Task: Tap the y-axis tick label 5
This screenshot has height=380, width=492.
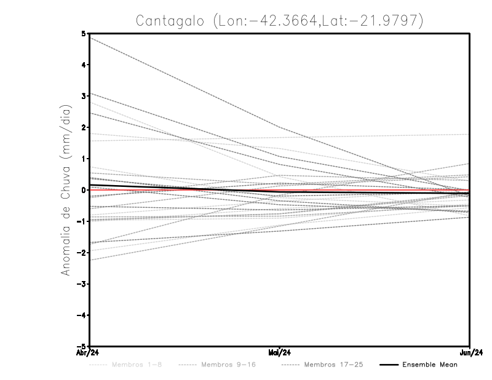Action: (83, 34)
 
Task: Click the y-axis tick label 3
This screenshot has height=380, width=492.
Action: (83, 96)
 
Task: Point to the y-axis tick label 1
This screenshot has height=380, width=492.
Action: (83, 159)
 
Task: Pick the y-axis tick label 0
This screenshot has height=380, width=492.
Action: (83, 190)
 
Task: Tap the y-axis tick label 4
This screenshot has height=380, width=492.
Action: (83, 65)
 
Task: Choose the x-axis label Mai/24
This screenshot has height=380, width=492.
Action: (280, 352)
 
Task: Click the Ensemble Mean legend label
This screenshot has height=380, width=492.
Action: (430, 365)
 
